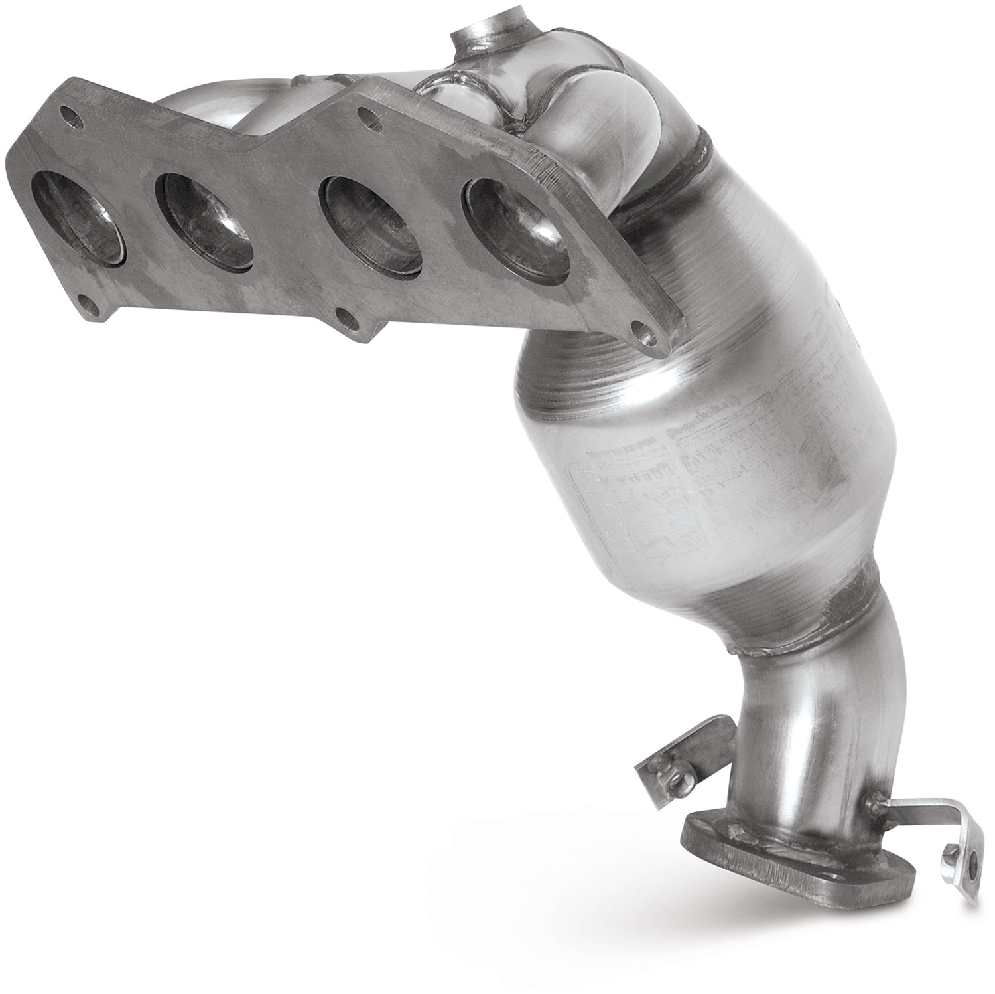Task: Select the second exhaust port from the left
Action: [x=206, y=220]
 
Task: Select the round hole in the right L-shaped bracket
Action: [x=972, y=865]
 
